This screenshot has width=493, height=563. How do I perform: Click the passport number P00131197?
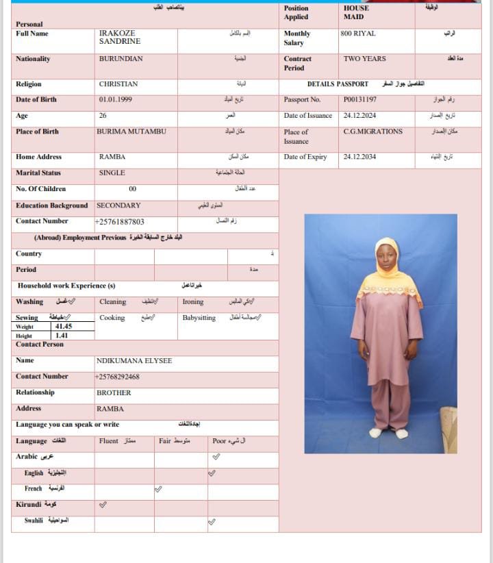[359, 99]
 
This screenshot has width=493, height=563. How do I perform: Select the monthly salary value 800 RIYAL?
[357, 34]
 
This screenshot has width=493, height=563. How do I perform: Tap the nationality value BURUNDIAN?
[121, 59]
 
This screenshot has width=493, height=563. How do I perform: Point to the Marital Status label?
[38, 173]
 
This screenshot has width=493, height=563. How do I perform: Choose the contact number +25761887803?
[120, 222]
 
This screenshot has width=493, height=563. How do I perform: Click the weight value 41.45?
[64, 327]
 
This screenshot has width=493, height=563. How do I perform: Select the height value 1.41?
[62, 336]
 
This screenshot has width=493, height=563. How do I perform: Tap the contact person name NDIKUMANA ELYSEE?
[134, 360]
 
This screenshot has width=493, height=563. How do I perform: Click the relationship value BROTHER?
[114, 392]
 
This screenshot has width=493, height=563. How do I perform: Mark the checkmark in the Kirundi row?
[103, 505]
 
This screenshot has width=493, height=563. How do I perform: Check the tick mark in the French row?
[158, 489]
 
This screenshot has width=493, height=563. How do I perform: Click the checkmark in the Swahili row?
[212, 522]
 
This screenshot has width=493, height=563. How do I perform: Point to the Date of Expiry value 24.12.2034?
[359, 157]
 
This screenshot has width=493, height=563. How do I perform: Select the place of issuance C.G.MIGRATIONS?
[372, 132]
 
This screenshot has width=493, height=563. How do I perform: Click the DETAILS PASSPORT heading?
[338, 84]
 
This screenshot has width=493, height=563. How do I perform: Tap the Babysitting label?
[199, 318]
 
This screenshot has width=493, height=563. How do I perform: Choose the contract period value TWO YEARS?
[364, 59]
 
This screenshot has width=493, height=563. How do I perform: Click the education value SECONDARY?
[118, 205]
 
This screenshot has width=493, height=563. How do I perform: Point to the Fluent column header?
[109, 441]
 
